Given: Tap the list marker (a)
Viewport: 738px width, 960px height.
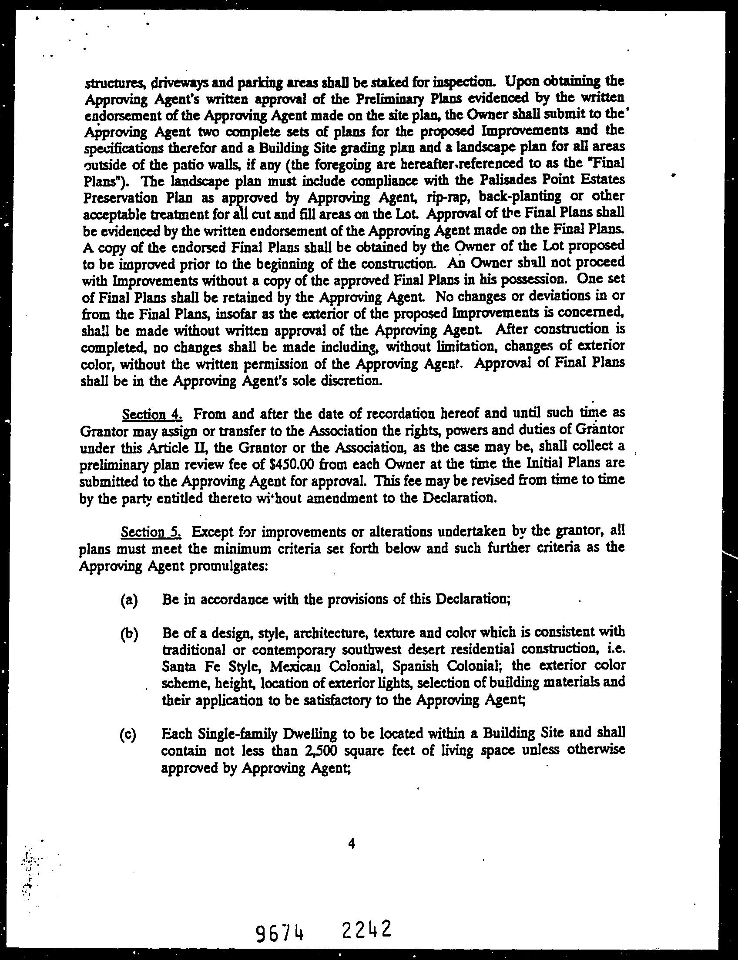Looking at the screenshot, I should point(129,600).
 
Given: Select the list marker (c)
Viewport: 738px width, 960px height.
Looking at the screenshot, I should point(128,734).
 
